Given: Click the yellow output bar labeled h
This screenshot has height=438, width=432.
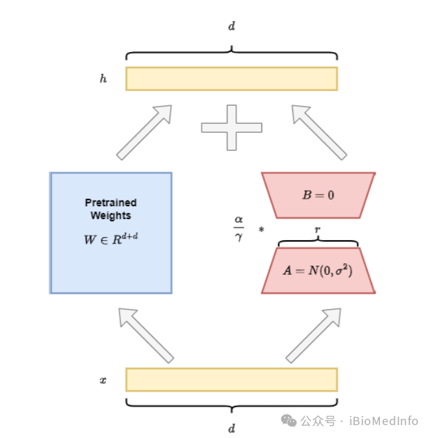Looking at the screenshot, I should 231,78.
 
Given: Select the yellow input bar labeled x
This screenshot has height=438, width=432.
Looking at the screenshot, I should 231,380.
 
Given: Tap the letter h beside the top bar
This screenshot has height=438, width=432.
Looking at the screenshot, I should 103,79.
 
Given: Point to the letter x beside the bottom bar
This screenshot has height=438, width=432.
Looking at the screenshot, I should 103,380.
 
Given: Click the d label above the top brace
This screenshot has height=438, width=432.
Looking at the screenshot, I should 232,26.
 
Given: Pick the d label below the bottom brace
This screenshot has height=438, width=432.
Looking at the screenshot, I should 232,428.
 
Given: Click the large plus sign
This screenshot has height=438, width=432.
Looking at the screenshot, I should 231,127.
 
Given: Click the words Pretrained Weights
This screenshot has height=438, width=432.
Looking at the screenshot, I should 111,209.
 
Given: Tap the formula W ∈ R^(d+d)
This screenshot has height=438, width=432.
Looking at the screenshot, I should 111,240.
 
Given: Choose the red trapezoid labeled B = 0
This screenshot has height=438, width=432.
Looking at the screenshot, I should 318,195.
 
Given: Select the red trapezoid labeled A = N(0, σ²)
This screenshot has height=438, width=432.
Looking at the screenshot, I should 318,270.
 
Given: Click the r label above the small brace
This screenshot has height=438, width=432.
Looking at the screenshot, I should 318,229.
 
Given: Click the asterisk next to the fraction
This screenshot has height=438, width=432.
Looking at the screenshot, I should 261,230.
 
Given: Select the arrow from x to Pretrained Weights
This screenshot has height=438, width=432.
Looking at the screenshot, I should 146,334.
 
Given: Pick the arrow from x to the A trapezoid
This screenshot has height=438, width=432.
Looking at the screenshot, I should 314,334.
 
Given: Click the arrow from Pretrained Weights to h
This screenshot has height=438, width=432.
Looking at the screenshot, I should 145,131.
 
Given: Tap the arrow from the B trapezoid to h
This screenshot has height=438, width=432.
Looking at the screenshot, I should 318,131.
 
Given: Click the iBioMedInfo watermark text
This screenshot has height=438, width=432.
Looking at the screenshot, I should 383,421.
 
